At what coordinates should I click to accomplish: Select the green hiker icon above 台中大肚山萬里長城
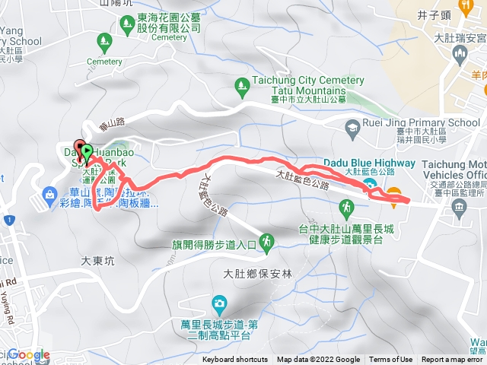[347, 206]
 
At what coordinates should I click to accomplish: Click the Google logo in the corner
[28, 354]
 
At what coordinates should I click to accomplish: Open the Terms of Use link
[390, 360]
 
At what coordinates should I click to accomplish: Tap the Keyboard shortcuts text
[235, 360]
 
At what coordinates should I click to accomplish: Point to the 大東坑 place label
[97, 260]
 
